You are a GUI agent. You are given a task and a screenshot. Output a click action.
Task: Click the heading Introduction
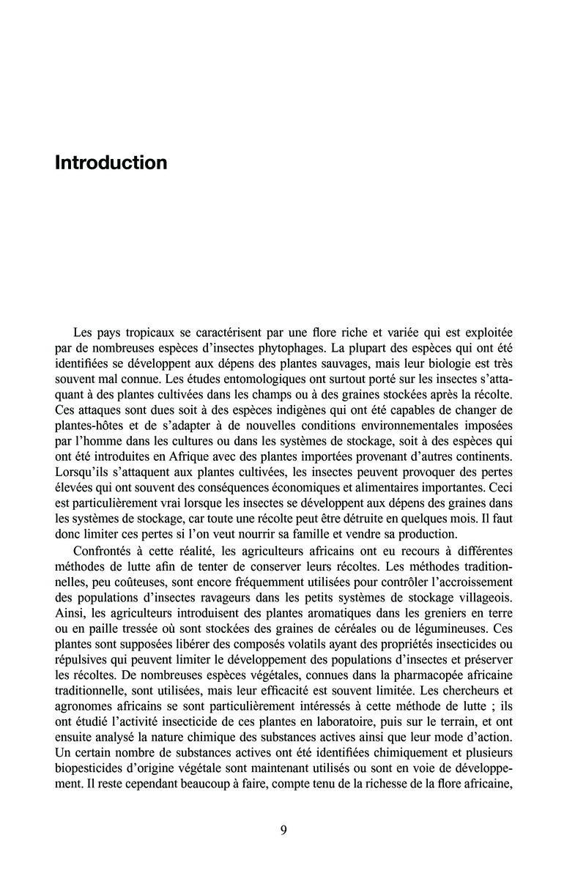[111, 162]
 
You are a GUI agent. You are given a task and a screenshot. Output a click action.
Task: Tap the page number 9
[283, 830]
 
